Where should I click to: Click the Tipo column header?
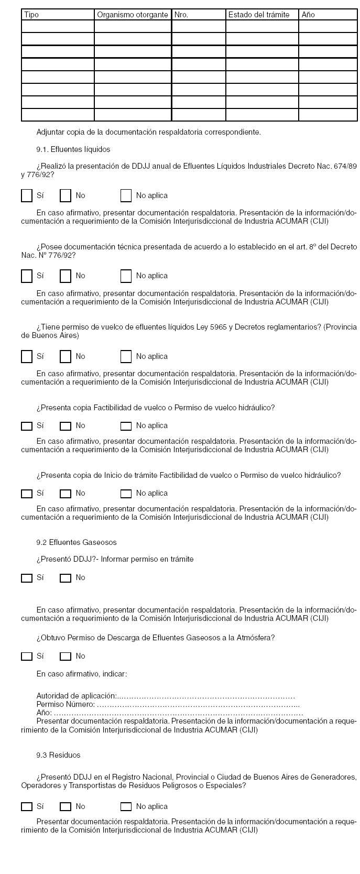(58, 15)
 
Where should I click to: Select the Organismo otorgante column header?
(133, 15)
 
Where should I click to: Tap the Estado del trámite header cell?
(262, 15)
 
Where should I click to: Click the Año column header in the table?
(328, 15)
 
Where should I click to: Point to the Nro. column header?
(199, 15)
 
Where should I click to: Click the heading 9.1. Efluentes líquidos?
(73, 149)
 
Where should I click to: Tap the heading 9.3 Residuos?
(58, 755)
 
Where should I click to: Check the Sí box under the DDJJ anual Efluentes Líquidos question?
(27, 195)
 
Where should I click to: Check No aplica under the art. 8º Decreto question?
(126, 276)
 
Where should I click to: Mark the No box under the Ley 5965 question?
(66, 356)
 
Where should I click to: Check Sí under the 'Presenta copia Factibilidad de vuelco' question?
(27, 426)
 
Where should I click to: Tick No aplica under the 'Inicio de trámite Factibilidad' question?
(126, 494)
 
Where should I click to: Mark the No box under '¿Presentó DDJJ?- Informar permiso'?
(66, 578)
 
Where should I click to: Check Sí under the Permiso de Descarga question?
(27, 657)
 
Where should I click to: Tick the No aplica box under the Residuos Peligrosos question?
(126, 807)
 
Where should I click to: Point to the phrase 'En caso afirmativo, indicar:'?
(82, 674)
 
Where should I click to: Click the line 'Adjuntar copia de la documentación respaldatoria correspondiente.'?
(148, 132)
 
